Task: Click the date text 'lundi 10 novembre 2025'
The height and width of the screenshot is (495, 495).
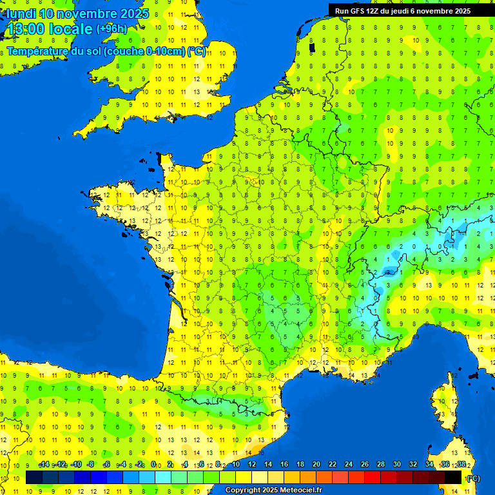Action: point(78,14)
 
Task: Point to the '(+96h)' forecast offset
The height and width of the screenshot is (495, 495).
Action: point(112,28)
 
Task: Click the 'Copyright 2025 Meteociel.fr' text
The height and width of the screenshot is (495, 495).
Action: point(273,490)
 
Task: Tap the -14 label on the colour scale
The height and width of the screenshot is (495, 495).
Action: point(44,464)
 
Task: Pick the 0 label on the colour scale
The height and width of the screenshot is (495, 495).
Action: point(153,464)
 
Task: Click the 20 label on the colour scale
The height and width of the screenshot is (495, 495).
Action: point(316,464)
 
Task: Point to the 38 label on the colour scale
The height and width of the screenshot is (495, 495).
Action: point(461,464)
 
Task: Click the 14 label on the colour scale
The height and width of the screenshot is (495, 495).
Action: point(267,464)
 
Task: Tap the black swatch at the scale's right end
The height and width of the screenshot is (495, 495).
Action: point(453,477)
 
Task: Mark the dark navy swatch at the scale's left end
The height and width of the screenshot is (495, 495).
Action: point(34,477)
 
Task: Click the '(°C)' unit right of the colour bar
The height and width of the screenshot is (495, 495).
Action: point(473,478)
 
